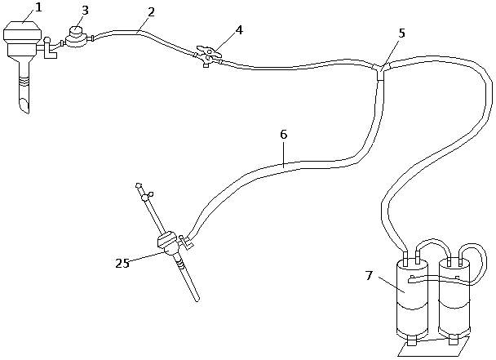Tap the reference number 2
coord(150,14)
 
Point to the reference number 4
coord(238,30)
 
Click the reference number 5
coord(401,33)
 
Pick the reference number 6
coord(282,133)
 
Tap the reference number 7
coord(369,276)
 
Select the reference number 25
coord(122,263)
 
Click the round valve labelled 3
coord(77,38)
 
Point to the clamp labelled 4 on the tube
coord(209,56)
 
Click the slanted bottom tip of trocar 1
coord(23,106)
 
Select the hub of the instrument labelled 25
coord(168,243)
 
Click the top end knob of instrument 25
coord(140,186)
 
